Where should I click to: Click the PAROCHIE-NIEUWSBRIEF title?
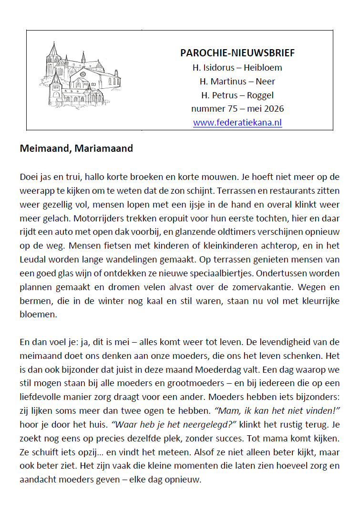tap(237, 53)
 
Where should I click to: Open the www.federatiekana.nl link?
tap(237, 123)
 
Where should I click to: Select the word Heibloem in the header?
tap(263, 67)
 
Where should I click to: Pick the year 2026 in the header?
tap(273, 109)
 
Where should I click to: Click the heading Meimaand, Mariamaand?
tap(76, 148)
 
